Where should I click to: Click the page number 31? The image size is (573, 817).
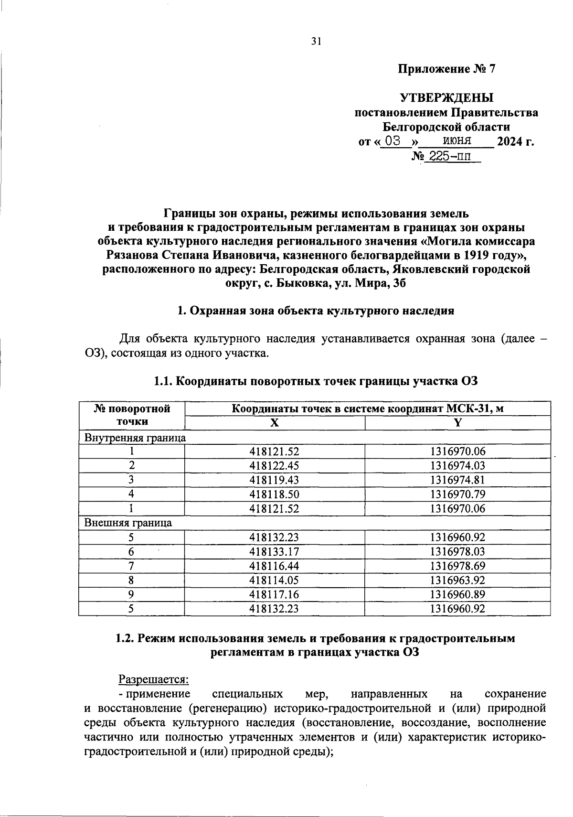pyautogui.click(x=316, y=42)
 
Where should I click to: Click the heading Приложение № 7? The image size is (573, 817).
pyautogui.click(x=447, y=69)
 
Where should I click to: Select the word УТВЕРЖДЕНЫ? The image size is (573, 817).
pyautogui.click(x=446, y=98)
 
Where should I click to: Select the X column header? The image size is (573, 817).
pyautogui.click(x=274, y=423)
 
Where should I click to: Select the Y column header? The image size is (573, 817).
pyautogui.click(x=457, y=423)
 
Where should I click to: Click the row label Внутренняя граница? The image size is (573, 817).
pyautogui.click(x=135, y=437)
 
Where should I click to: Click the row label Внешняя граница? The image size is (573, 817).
pyautogui.click(x=128, y=523)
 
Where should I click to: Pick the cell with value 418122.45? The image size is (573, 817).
pyautogui.click(x=274, y=466)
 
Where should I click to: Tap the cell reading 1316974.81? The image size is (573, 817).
pyautogui.click(x=457, y=480)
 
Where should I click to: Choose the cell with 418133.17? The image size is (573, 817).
pyautogui.click(x=274, y=552)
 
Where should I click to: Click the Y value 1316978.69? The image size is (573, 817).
pyautogui.click(x=457, y=566)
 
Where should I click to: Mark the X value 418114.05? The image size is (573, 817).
pyautogui.click(x=274, y=580)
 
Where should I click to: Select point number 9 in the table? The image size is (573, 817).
pyautogui.click(x=131, y=595)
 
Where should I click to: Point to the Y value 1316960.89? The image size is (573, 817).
pyautogui.click(x=457, y=595)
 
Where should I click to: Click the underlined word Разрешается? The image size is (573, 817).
pyautogui.click(x=154, y=679)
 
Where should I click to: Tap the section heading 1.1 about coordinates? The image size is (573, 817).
pyautogui.click(x=316, y=381)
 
